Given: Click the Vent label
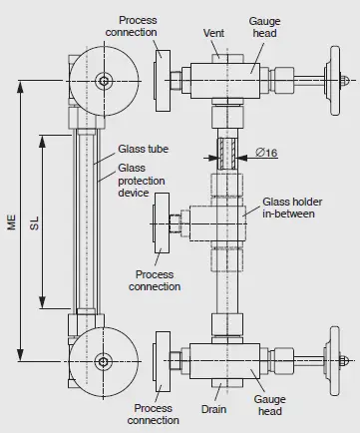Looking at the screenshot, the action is [213, 33].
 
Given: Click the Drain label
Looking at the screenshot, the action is [213, 409].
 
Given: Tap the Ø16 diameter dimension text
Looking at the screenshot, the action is [266, 153].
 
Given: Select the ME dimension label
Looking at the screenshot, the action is [12, 222].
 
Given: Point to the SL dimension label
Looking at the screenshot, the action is [34, 222].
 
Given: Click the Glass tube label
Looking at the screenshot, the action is [144, 149].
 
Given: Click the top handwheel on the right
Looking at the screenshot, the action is [335, 81].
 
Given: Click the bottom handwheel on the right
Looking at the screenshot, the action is [334, 361].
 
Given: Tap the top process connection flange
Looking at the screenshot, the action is [163, 81].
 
